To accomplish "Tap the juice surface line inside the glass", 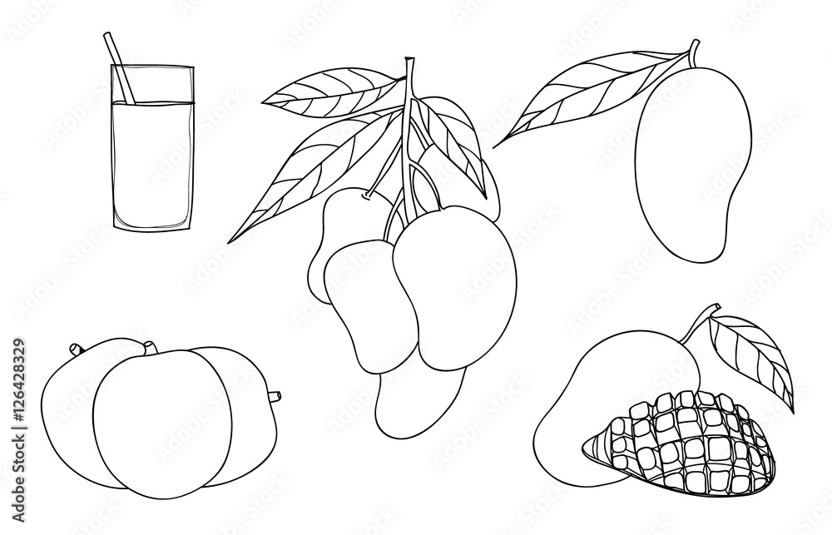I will (x=154, y=104).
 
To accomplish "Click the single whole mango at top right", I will (x=692, y=158).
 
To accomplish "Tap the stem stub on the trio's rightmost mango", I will (x=275, y=392).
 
